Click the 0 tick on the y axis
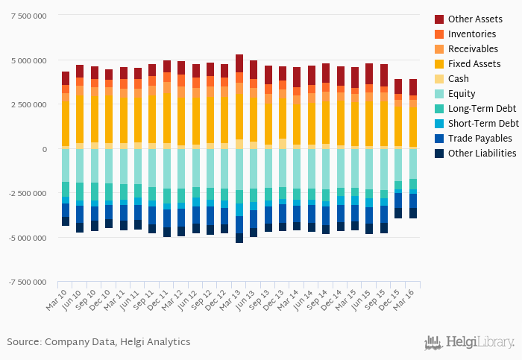click(44, 149)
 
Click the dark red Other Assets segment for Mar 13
click(239, 63)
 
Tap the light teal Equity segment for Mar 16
click(413, 163)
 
